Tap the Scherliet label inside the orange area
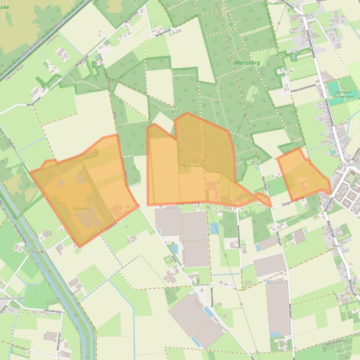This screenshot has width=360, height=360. click(x=81, y=209)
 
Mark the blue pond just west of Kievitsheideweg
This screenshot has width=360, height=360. click(x=214, y=229)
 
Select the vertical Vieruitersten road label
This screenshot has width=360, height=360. click(x=59, y=341)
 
